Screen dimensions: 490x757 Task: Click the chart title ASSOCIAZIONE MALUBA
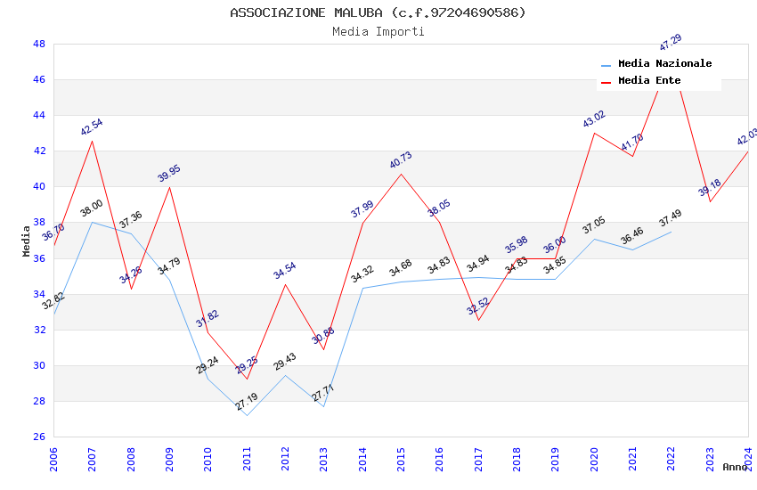tap(378, 12)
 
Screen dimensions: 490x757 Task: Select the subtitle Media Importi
tap(378, 31)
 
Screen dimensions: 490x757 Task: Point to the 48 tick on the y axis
tap(39, 44)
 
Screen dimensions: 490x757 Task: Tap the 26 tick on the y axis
tap(39, 437)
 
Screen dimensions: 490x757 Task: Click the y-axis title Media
tap(27, 241)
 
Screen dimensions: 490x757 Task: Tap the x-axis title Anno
tap(735, 467)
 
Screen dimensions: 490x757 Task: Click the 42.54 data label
tap(92, 127)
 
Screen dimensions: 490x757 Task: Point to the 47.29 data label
tap(671, 42)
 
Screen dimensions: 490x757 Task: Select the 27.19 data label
tap(247, 403)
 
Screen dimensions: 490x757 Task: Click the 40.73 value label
tap(401, 160)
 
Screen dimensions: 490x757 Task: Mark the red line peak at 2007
tap(92, 141)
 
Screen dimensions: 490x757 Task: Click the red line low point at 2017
tap(478, 320)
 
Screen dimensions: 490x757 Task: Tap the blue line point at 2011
tap(247, 415)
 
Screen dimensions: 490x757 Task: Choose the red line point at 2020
tap(594, 133)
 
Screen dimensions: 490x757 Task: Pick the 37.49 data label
tap(671, 218)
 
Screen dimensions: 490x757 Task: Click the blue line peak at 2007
tap(92, 222)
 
